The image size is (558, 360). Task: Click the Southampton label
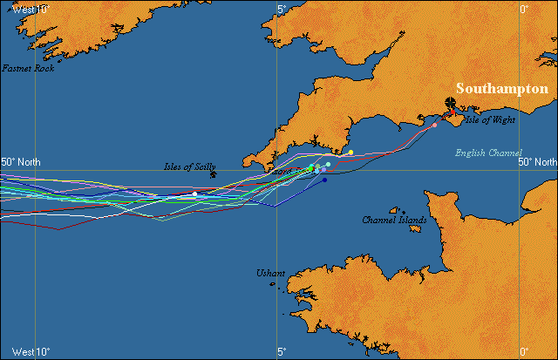(x=501, y=89)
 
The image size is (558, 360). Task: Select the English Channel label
(x=489, y=153)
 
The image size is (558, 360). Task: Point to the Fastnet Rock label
(x=28, y=68)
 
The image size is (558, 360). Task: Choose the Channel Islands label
(x=394, y=220)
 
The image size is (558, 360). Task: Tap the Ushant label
(x=270, y=274)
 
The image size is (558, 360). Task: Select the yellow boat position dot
(x=350, y=153)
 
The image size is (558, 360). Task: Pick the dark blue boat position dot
(x=324, y=180)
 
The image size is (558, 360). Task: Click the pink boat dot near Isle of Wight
(x=434, y=126)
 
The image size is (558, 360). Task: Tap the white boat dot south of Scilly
(x=194, y=193)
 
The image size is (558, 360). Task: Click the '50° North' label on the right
(x=537, y=162)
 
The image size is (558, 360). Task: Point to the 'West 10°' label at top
(x=31, y=8)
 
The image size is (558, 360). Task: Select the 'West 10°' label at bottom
(x=31, y=352)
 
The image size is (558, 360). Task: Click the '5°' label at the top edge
(x=281, y=9)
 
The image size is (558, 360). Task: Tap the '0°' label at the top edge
(x=525, y=9)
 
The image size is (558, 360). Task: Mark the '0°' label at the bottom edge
(x=525, y=352)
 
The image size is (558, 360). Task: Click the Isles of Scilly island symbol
(x=214, y=173)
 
